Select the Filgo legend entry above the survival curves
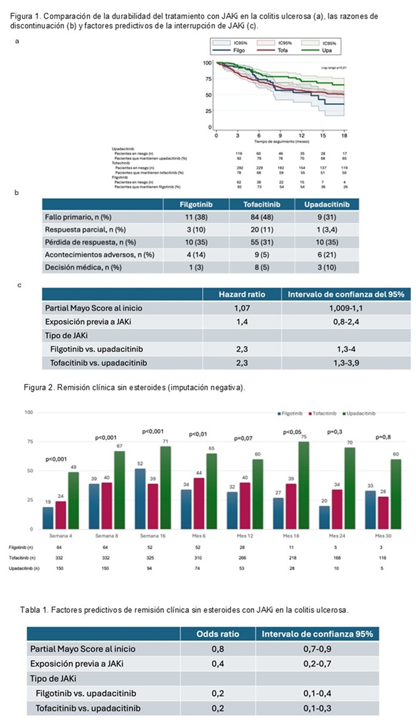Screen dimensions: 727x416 tap(238, 50)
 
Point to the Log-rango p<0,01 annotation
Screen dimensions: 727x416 tap(333, 66)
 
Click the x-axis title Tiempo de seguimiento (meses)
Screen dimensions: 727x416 tap(280, 142)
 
